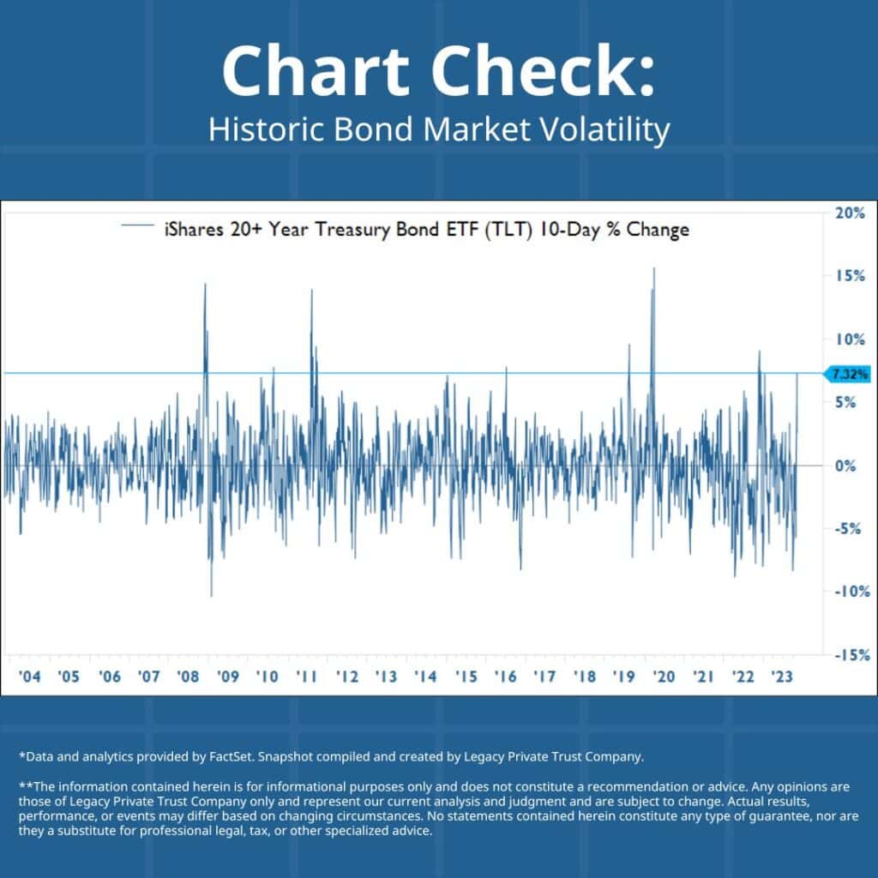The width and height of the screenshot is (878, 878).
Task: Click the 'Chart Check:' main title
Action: (x=438, y=71)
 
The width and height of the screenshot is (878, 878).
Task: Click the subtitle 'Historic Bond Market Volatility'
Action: (x=438, y=131)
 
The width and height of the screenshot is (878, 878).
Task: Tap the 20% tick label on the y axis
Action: (x=850, y=213)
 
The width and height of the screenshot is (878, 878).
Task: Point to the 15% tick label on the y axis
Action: (x=850, y=276)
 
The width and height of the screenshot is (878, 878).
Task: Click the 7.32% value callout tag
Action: (x=848, y=374)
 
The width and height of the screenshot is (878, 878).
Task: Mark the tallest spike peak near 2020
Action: (x=654, y=268)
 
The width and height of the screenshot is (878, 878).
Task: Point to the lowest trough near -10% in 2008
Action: (x=211, y=596)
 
